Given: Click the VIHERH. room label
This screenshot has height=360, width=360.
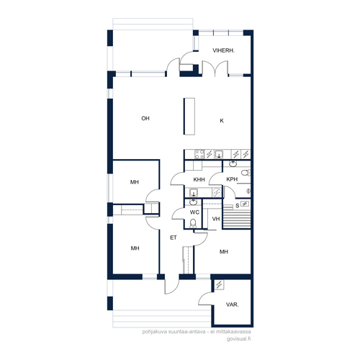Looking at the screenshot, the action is tap(223, 50).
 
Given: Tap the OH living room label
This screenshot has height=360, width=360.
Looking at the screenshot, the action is tap(145, 118).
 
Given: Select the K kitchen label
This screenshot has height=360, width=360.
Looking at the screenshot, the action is tap(222, 121).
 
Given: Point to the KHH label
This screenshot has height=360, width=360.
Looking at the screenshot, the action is tap(199, 179).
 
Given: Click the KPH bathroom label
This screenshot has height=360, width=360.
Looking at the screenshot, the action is tap(232, 179).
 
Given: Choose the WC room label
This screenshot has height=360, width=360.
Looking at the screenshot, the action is tap(194, 212).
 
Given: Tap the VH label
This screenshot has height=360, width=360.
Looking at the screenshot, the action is tap(216, 219).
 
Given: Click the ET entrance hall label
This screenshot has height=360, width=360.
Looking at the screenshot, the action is tap(174, 238).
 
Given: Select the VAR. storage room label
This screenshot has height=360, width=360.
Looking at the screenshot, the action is tap(232, 305).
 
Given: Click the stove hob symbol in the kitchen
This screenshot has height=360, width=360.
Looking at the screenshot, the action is tap(199, 154).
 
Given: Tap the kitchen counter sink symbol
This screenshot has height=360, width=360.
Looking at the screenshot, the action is tap(219, 154).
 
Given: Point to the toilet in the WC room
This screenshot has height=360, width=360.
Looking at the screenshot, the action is tap(193, 223).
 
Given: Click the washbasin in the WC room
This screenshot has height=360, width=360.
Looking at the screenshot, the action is tap(193, 202).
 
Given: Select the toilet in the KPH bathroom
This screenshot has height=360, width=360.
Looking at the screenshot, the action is tap(246, 173).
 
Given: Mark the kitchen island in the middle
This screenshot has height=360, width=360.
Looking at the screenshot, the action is tap(189, 116).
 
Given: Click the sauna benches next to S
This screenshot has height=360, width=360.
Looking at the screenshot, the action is tap(237, 218).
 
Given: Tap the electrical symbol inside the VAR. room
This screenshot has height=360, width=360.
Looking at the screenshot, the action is tap(219, 285).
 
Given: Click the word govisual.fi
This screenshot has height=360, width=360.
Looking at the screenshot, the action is tap(238, 339).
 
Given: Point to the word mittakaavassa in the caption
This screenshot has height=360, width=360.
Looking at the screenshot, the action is tap(233, 332).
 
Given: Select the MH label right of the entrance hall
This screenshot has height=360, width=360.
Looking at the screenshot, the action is tap(224, 252).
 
